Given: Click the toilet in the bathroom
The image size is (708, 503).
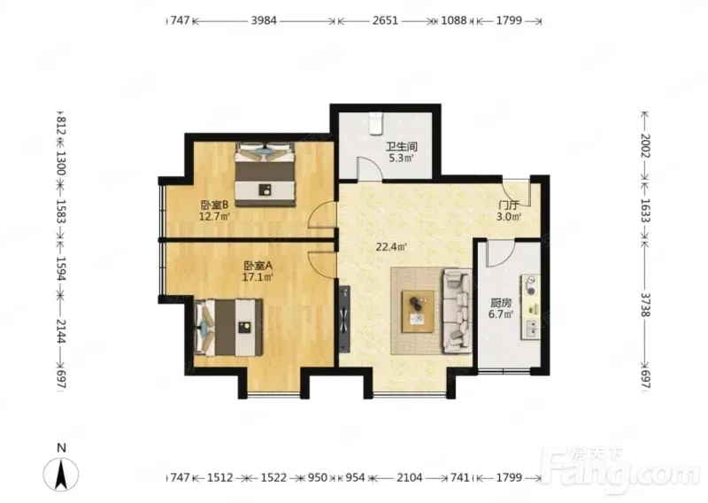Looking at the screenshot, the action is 375,123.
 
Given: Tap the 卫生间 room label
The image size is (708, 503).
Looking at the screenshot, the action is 401,147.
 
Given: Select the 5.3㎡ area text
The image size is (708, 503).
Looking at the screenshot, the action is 401,159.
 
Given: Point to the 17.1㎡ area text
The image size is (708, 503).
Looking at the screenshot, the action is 258,277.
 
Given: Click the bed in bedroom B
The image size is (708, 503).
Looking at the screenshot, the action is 265,174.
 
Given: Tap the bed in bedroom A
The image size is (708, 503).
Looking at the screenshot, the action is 228,327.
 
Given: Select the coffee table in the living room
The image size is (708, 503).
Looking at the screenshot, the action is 419,312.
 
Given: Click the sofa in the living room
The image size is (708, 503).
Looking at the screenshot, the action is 457,311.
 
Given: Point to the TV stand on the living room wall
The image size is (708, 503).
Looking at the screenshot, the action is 345,318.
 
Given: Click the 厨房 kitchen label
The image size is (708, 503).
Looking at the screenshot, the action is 501,303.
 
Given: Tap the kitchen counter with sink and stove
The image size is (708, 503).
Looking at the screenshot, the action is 531,306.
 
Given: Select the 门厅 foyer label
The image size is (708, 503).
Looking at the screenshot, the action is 508,205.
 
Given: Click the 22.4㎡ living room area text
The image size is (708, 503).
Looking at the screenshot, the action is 391,247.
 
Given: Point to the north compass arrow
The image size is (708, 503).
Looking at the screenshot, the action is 61,474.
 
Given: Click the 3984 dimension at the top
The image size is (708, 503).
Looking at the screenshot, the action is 264,20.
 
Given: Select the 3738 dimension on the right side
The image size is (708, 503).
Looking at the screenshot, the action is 646,305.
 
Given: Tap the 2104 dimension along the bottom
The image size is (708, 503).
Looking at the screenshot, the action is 410,477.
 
